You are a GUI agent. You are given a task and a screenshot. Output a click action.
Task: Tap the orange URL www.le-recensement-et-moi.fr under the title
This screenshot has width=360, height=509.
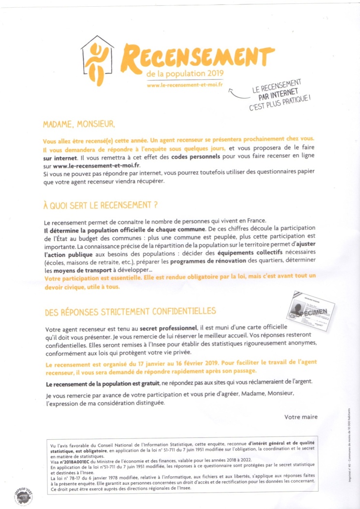click(x=184, y=85)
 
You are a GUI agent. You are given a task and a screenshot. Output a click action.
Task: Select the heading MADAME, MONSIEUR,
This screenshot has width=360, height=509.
click(x=79, y=124)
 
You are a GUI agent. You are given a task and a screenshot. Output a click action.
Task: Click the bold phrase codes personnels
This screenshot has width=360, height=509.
click(x=198, y=157)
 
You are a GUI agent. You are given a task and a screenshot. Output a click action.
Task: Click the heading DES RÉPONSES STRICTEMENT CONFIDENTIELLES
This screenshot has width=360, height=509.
click(x=130, y=310)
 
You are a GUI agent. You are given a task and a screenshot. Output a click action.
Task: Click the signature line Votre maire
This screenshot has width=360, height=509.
click(x=301, y=417)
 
